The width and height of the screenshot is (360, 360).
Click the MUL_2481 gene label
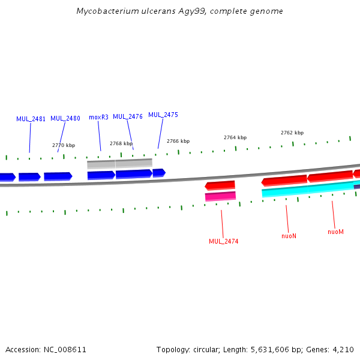pyautogui.click(x=31, y=119)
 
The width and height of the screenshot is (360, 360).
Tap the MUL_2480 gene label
pyautogui.click(x=65, y=119)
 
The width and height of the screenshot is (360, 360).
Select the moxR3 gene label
pyautogui.click(x=98, y=117)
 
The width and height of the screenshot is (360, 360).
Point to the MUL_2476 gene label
pyautogui.click(x=128, y=116)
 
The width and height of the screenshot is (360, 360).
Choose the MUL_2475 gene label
pyautogui.click(x=163, y=115)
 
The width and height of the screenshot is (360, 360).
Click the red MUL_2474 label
pyautogui.click(x=223, y=241)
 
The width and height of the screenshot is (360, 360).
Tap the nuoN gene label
pyautogui.click(x=289, y=236)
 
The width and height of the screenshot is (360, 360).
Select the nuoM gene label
pyautogui.click(x=335, y=232)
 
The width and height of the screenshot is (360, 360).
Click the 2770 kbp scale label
pyautogui.click(x=64, y=145)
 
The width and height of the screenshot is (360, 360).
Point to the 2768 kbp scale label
pyautogui.click(x=121, y=143)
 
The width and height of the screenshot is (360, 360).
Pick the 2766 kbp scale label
pyautogui.click(x=178, y=141)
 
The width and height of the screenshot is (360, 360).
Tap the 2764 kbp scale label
pyautogui.click(x=235, y=137)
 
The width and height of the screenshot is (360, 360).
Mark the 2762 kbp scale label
pyautogui.click(x=292, y=133)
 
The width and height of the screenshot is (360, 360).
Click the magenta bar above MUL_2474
pyautogui.click(x=220, y=196)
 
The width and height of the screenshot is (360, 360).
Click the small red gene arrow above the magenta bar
pyautogui.click(x=220, y=185)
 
